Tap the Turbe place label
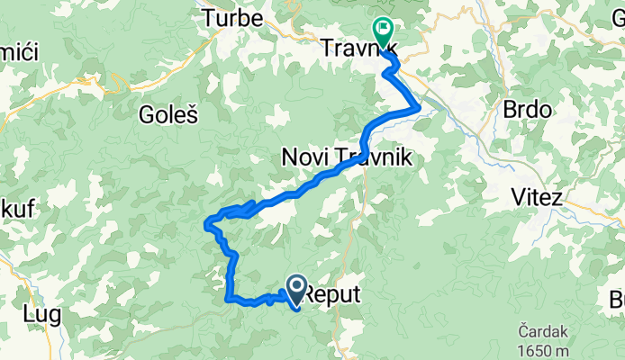232,17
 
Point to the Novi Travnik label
347,157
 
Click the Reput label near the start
333,294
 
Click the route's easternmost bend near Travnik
419,108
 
